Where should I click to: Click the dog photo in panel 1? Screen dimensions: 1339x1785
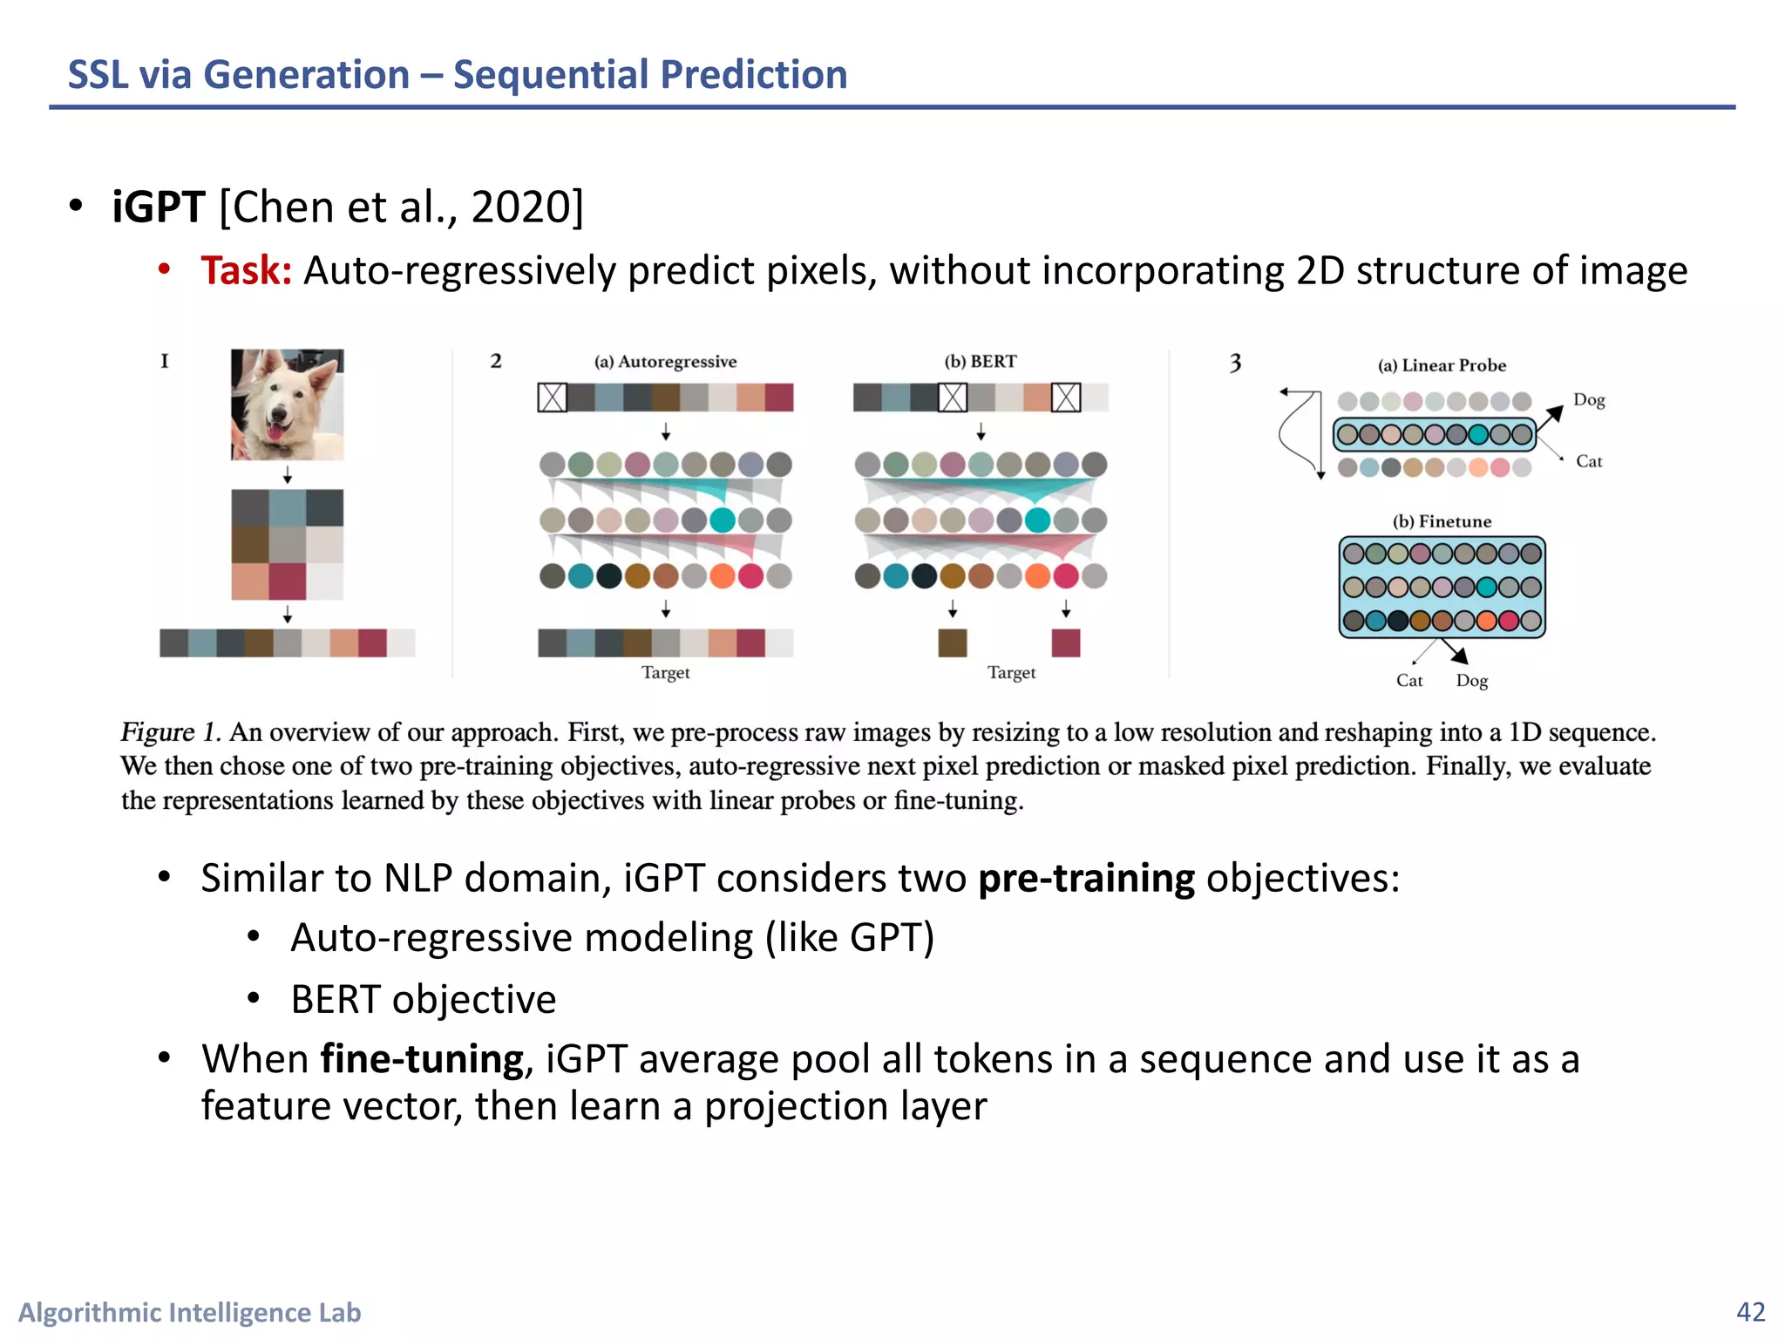(x=287, y=404)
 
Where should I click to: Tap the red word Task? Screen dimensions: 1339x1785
(x=246, y=270)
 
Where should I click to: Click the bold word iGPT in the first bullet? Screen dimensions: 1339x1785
(x=158, y=207)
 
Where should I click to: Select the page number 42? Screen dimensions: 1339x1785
(x=1750, y=1311)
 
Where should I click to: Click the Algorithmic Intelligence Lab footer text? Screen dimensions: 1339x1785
(x=189, y=1312)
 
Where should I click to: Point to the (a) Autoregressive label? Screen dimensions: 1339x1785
(x=665, y=362)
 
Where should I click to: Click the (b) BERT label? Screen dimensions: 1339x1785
(x=981, y=362)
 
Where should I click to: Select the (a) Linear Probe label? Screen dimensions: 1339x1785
(x=1442, y=365)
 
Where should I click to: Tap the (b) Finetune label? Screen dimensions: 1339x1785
(x=1442, y=521)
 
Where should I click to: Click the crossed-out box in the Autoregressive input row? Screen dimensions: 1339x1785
(x=552, y=398)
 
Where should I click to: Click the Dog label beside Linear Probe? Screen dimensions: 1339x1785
(x=1588, y=400)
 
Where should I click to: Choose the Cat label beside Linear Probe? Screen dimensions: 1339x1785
(x=1588, y=461)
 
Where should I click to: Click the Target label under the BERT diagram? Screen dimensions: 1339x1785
(x=1011, y=672)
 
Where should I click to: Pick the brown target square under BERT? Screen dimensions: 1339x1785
(x=952, y=642)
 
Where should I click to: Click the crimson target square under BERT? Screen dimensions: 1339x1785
(x=1065, y=642)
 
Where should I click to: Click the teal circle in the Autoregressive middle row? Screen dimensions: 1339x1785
(x=723, y=520)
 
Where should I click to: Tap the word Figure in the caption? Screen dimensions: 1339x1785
(x=157, y=732)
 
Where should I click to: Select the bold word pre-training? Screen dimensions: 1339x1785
(x=1086, y=878)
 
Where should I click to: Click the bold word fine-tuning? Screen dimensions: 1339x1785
(x=422, y=1059)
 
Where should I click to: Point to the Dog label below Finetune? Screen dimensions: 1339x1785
(x=1471, y=681)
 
